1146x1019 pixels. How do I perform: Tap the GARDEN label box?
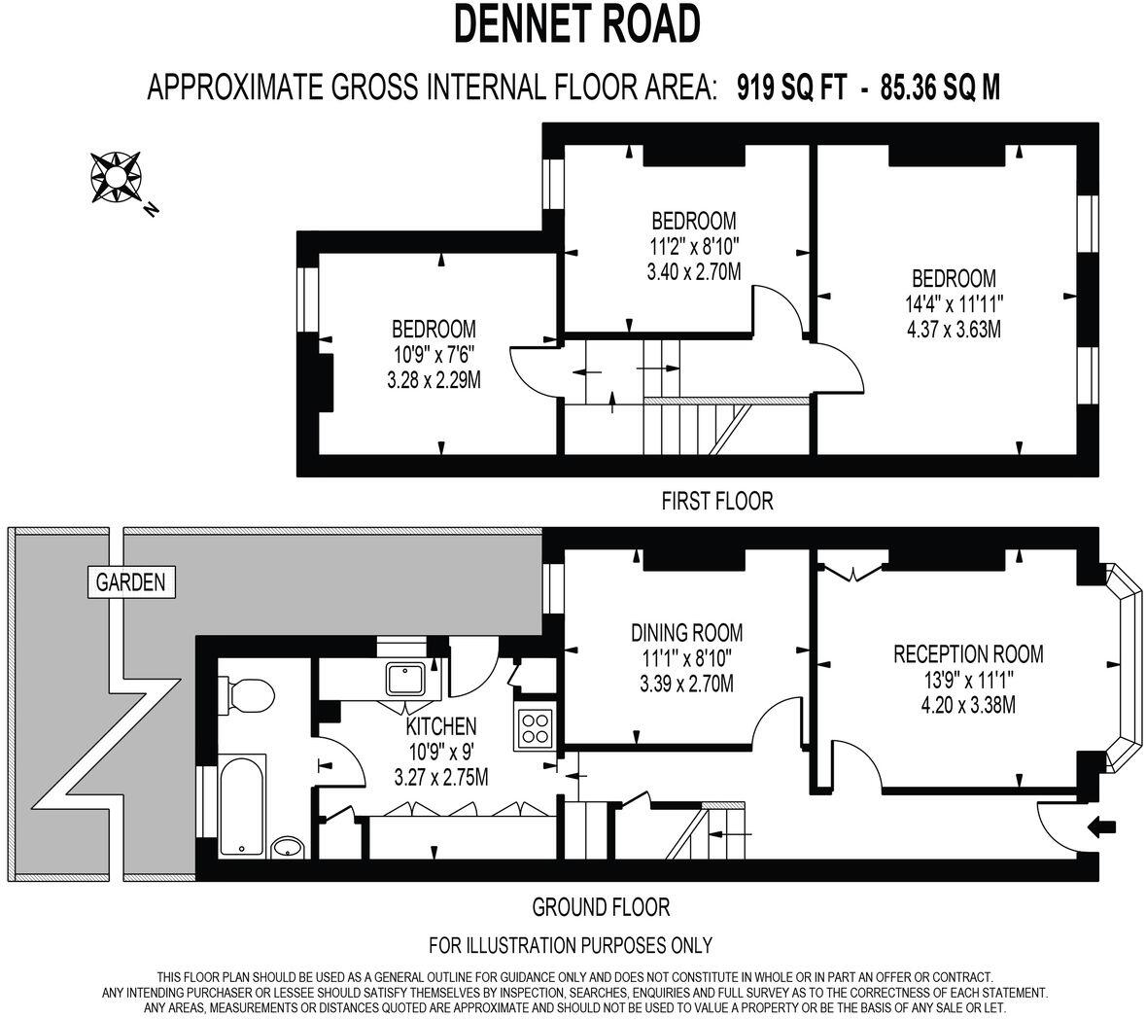click(130, 583)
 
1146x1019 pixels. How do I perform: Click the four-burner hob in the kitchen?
click(534, 728)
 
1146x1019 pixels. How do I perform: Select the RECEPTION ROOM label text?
click(967, 653)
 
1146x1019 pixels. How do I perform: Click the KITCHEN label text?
click(440, 726)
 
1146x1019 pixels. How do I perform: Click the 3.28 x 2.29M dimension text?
click(434, 380)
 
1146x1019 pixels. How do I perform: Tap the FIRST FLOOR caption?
click(716, 502)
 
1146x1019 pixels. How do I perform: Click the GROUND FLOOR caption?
click(601, 907)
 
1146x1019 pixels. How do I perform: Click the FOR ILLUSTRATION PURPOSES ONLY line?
click(571, 945)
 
